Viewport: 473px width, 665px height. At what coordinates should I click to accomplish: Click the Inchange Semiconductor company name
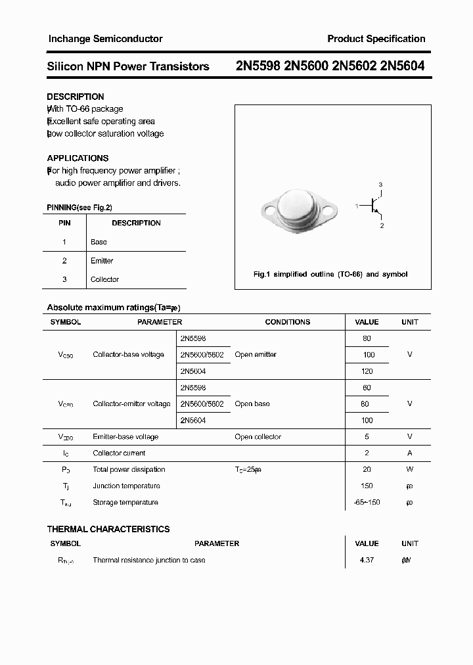[x=105, y=39]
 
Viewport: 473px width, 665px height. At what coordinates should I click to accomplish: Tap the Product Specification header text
[x=376, y=39]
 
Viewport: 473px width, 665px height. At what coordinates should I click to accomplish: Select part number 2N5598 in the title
[x=258, y=66]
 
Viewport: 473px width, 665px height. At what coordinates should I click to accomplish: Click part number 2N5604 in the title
[x=402, y=66]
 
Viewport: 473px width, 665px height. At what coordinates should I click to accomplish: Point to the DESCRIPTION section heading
[x=76, y=97]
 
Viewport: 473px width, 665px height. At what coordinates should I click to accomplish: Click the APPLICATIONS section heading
[x=78, y=158]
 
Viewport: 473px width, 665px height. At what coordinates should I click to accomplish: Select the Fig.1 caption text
[x=330, y=275]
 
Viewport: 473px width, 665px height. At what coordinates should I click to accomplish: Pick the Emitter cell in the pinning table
[x=102, y=261]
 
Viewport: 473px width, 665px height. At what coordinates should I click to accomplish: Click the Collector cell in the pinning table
[x=104, y=279]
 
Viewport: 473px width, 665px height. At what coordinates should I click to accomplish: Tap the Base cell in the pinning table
[x=99, y=242]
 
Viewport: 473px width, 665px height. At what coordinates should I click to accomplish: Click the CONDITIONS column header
[x=287, y=322]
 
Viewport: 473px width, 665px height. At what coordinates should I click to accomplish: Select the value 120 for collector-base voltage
[x=367, y=371]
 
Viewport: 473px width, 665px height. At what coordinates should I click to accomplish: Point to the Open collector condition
[x=258, y=436]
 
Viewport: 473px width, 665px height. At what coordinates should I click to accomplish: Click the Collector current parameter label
[x=119, y=453]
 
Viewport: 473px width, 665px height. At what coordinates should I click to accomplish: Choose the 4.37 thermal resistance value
[x=367, y=560]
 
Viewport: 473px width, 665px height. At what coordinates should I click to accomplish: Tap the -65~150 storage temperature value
[x=367, y=502]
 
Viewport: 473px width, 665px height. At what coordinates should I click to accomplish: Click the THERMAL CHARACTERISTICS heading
[x=108, y=529]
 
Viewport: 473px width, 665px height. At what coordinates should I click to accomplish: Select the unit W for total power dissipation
[x=409, y=469]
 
